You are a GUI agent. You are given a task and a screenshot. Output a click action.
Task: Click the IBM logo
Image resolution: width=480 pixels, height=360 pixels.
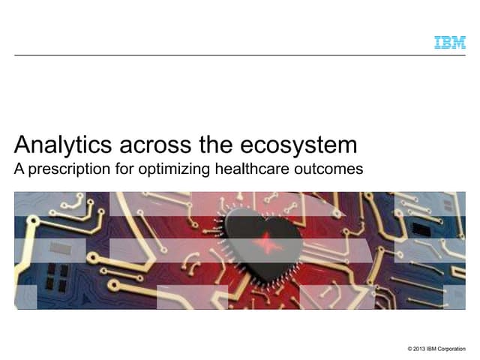tap(450, 42)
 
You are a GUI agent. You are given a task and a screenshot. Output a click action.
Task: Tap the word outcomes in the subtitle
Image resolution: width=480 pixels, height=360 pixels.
tap(331, 169)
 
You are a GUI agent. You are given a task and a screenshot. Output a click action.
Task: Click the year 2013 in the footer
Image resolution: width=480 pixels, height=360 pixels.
tap(423, 349)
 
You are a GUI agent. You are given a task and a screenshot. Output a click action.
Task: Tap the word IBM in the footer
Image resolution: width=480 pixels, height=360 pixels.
tap(437, 349)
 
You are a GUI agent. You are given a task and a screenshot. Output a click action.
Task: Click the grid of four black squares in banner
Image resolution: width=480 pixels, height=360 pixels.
tap(57, 277)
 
